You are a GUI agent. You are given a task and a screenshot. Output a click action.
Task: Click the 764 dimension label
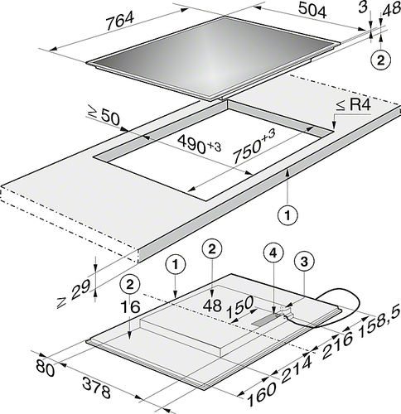(120, 21)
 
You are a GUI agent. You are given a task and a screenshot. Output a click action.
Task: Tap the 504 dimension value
(312, 11)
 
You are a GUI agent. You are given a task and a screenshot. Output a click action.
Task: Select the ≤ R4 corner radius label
(353, 105)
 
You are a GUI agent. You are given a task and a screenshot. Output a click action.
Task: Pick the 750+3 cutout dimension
(254, 147)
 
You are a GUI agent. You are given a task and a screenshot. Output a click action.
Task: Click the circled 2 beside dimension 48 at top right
(381, 60)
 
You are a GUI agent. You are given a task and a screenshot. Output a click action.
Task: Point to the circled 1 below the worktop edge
(287, 214)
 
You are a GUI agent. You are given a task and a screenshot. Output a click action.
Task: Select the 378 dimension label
(97, 387)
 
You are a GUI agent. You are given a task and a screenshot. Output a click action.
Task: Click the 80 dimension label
(45, 368)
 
